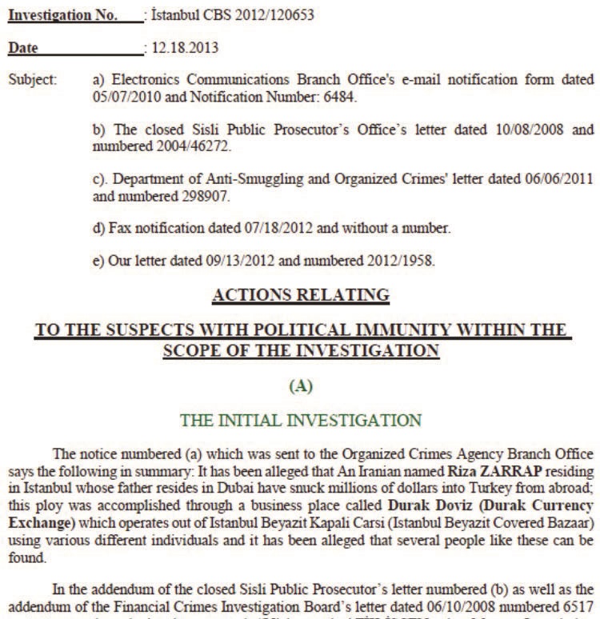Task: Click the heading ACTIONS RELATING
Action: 301,295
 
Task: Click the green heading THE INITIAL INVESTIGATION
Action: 300,419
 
